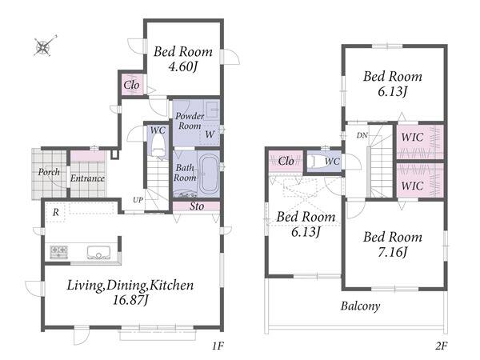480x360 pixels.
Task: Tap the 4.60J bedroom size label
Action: [x=182, y=66]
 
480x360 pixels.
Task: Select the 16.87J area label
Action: [x=130, y=300]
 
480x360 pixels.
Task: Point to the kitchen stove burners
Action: [x=59, y=252]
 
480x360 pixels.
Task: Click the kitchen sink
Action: [x=98, y=253]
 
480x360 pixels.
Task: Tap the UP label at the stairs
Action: [x=138, y=200]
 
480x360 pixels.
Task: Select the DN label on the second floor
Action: [x=362, y=135]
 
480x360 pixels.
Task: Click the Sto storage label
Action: [x=197, y=206]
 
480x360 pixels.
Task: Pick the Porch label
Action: [x=49, y=172]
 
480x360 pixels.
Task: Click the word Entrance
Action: [x=87, y=178]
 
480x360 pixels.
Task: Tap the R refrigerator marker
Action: [x=56, y=212]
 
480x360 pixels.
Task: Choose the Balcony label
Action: [x=360, y=306]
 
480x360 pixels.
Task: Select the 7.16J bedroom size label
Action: [x=392, y=253]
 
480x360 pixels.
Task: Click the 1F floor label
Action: [x=218, y=346]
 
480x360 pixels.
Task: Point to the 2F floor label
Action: [x=441, y=346]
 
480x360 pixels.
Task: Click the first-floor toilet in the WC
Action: [x=158, y=147]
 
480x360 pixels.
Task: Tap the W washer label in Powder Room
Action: [x=210, y=134]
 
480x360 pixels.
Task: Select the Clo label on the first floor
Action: [x=132, y=85]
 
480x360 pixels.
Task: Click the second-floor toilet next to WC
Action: [x=315, y=162]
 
